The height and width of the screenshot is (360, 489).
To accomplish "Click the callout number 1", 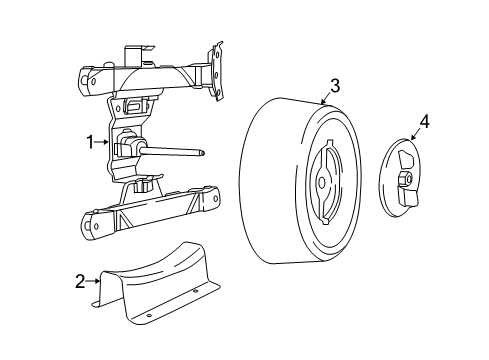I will (89, 142).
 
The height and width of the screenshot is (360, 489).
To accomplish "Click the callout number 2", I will (80, 283).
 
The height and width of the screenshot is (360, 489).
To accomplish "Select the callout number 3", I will (334, 86).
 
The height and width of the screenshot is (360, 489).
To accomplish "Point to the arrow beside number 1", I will (104, 142).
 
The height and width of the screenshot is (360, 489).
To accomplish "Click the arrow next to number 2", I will (95, 283).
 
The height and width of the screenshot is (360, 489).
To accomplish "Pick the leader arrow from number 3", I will (326, 98).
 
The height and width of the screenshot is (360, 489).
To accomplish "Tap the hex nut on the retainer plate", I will (405, 179).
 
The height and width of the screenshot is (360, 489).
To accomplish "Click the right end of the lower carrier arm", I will (213, 201).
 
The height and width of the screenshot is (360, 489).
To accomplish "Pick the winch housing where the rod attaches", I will (127, 147).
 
